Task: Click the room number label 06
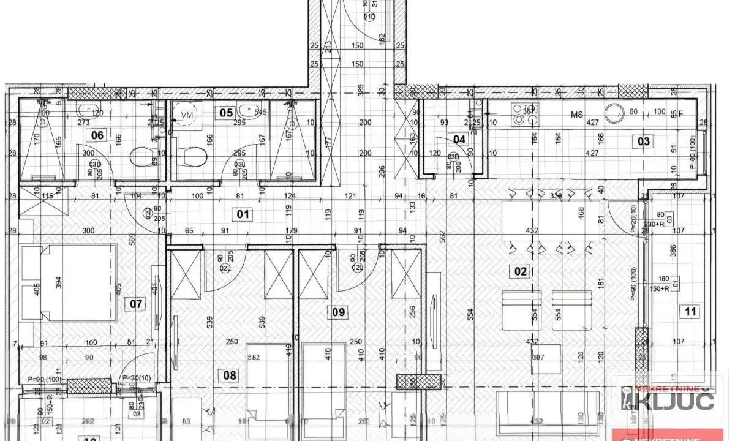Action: [x=97, y=136]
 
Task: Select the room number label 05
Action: [x=227, y=113]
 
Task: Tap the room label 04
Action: [x=459, y=140]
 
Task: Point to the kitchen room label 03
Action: [x=644, y=141]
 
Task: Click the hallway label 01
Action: [x=244, y=214]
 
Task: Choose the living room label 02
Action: [x=521, y=271]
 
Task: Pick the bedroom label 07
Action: [x=136, y=303]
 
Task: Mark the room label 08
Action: [x=229, y=375]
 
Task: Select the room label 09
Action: [x=338, y=312]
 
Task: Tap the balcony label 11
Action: [x=691, y=312]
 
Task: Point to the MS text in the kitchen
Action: [x=576, y=115]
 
